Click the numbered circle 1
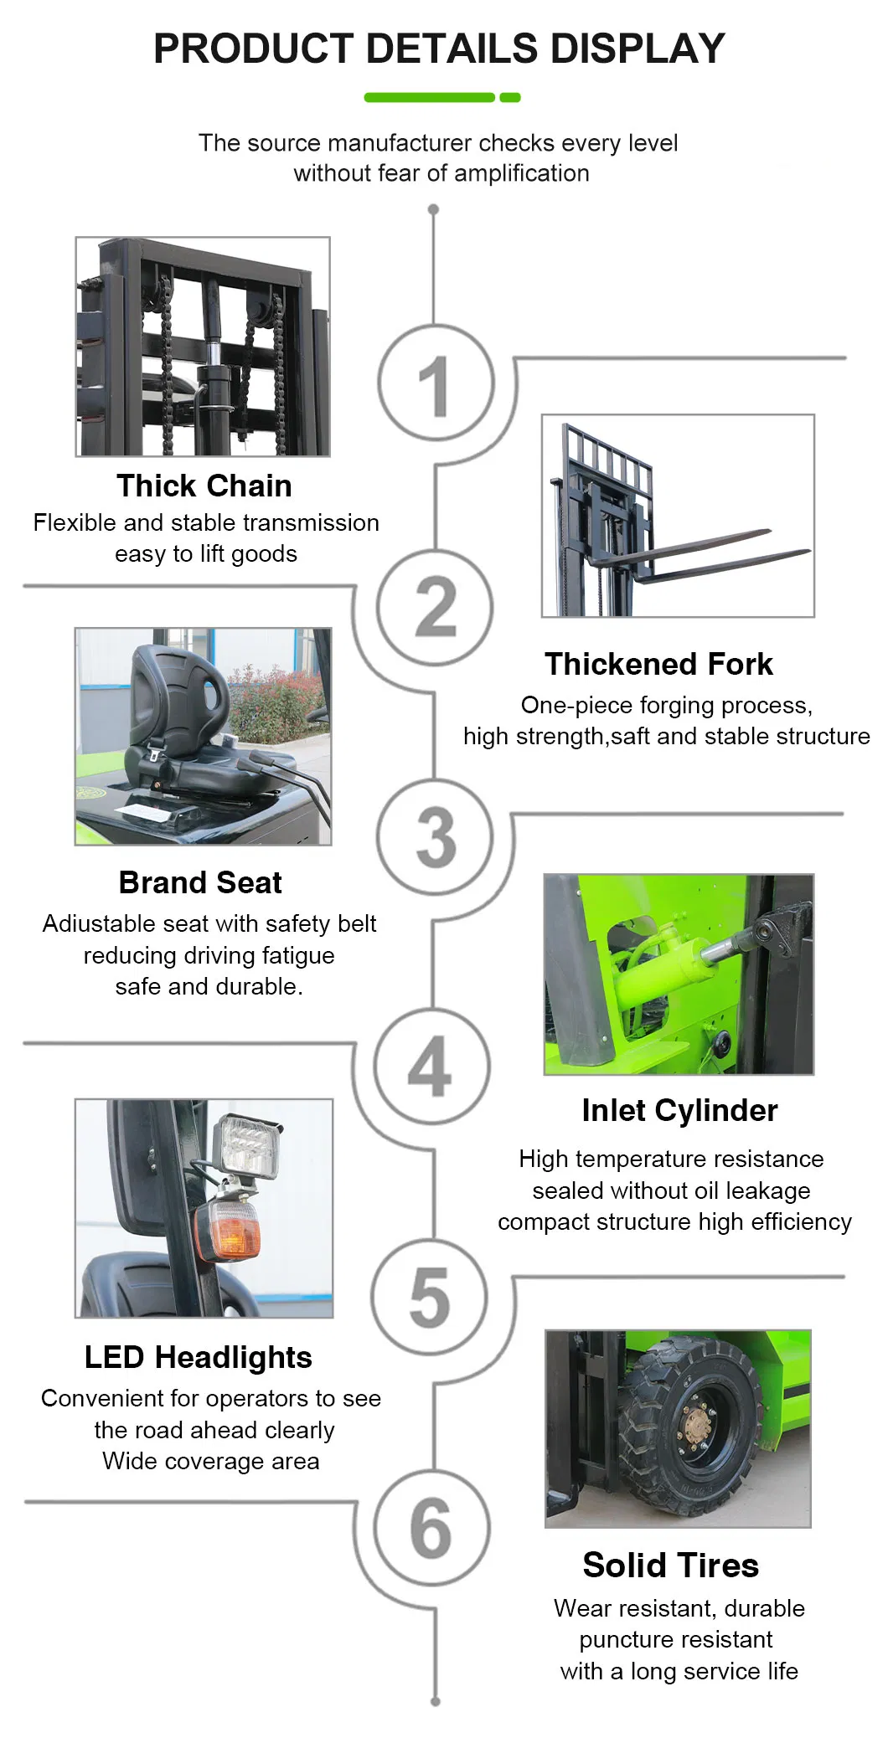(435, 383)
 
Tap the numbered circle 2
(435, 608)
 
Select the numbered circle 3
(435, 836)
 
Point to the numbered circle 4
(432, 1066)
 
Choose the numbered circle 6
(432, 1527)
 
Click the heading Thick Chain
(204, 486)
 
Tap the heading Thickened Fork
(659, 664)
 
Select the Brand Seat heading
(200, 882)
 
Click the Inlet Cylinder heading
(680, 1111)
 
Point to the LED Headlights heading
(199, 1357)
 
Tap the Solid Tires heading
(671, 1566)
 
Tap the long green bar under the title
(430, 98)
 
